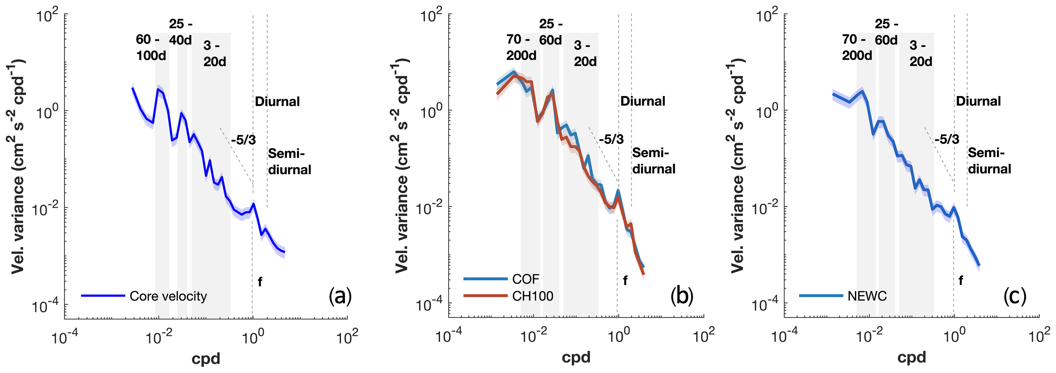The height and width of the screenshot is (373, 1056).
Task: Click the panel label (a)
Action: point(340,296)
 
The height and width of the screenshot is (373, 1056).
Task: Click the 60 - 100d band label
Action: point(151,48)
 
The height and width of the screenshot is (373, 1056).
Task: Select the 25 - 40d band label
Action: point(180,32)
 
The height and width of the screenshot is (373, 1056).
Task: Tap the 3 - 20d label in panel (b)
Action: point(585,53)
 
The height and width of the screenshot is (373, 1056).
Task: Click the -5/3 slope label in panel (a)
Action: point(243,140)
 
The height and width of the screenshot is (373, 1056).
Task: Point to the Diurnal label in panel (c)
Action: point(978,101)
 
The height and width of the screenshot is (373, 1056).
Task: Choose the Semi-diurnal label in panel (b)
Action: point(653,161)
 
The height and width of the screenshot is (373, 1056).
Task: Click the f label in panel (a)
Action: point(260,281)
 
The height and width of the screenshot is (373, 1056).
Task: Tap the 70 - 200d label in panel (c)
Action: point(857,48)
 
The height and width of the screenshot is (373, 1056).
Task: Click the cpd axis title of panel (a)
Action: point(206,359)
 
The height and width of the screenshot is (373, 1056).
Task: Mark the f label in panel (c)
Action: point(961,281)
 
